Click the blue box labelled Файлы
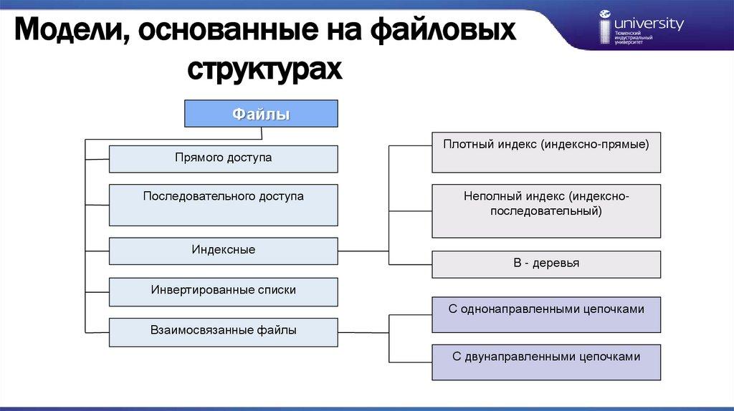click(261, 115)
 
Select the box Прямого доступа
click(223, 158)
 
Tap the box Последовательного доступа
click(223, 204)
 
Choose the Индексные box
click(223, 251)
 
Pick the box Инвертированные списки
click(223, 291)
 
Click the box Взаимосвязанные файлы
click(223, 332)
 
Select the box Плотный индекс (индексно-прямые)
click(546, 152)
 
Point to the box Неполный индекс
click(546, 211)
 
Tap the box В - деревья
click(546, 263)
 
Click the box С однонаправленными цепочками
click(546, 314)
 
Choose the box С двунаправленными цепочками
click(546, 362)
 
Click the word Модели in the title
click(68, 33)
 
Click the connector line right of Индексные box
click(363, 251)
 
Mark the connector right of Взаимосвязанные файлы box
click(363, 332)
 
